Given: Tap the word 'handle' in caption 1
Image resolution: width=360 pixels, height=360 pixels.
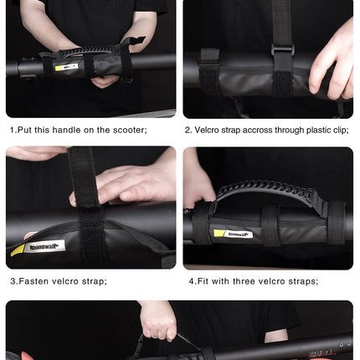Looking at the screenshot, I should pyautogui.click(x=75, y=130).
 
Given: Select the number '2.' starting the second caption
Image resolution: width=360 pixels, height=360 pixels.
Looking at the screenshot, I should pyautogui.click(x=188, y=130).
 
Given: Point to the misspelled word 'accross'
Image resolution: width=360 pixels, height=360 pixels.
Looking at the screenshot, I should pyautogui.click(x=252, y=130).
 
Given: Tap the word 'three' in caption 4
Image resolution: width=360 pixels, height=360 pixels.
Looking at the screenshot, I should pyautogui.click(x=249, y=280).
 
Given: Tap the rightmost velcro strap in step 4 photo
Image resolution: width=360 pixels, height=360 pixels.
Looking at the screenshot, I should pyautogui.click(x=334, y=221).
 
